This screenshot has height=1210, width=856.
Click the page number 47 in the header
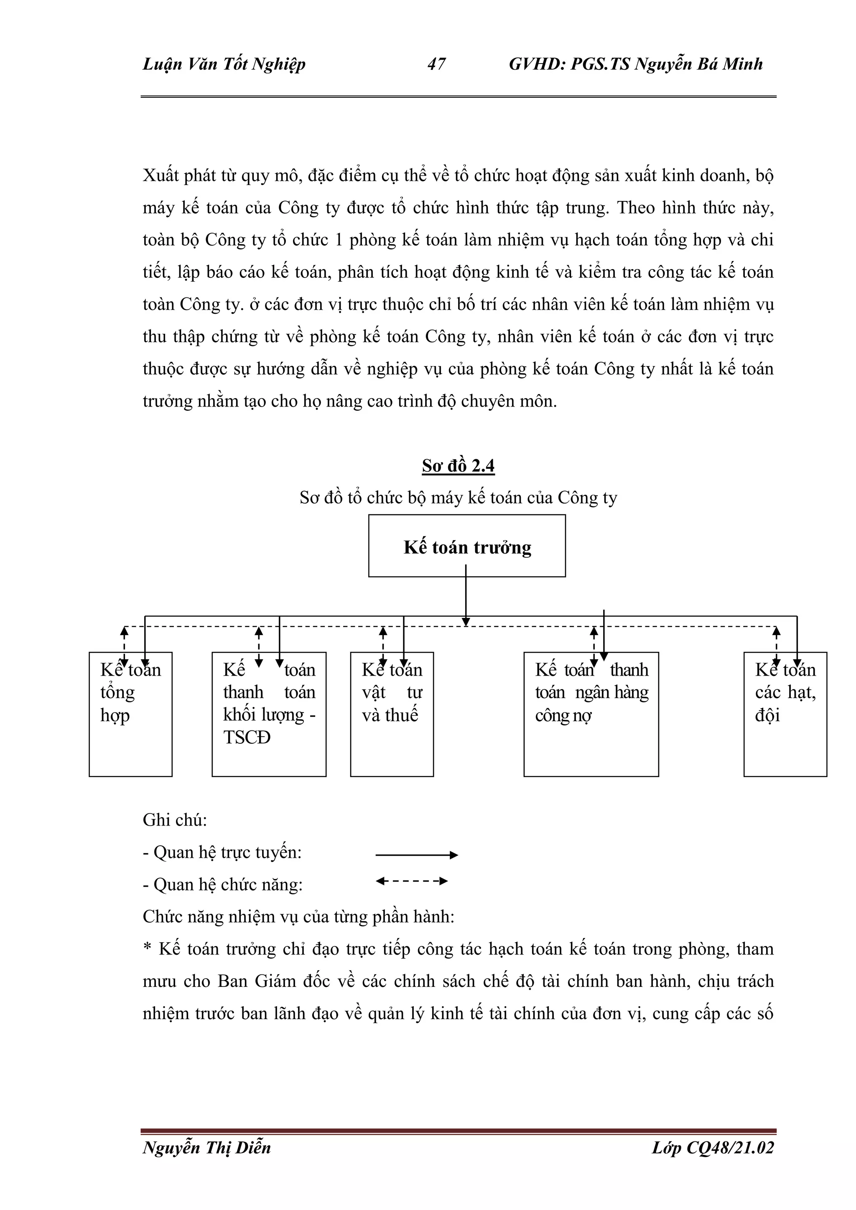[436, 64]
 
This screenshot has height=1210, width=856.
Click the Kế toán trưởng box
[466, 547]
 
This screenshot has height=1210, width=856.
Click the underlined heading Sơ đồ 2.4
[458, 466]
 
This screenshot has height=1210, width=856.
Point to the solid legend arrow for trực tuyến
[416, 855]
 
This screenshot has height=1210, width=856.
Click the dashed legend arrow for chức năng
[412, 881]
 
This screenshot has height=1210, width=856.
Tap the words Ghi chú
[174, 820]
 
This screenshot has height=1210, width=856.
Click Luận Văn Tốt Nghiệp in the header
[224, 64]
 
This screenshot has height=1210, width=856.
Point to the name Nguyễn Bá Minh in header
[698, 64]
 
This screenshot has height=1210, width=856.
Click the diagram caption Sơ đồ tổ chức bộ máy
[458, 498]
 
